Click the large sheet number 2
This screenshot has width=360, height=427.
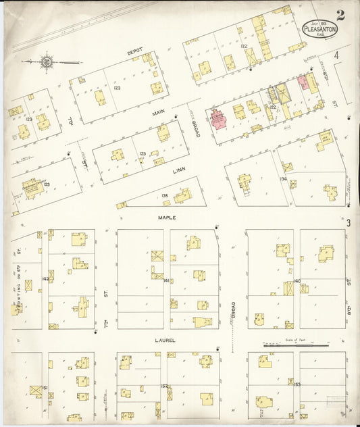tap(341, 15)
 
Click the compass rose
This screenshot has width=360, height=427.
tap(46, 63)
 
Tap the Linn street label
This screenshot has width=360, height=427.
tap(178, 171)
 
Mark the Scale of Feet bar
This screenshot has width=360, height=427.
tap(286, 345)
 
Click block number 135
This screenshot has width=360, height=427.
tap(165, 196)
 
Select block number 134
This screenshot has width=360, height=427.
tap(284, 179)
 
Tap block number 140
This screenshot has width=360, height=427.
tap(288, 284)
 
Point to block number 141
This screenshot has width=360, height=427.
tap(166, 279)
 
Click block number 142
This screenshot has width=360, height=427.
tap(45, 278)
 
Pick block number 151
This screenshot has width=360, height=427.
tap(45, 388)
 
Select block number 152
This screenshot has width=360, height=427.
tap(164, 386)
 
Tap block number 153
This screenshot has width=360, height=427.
tap(297, 384)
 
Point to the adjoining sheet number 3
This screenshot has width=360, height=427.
tap(349, 223)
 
